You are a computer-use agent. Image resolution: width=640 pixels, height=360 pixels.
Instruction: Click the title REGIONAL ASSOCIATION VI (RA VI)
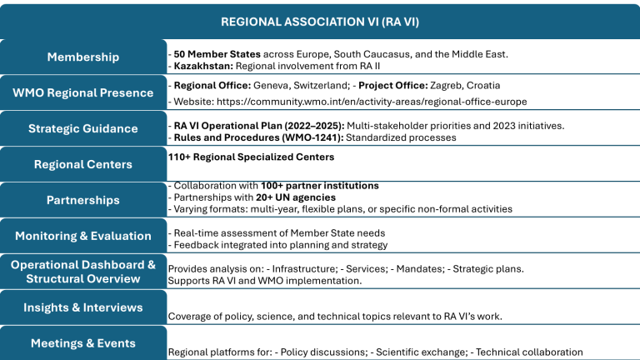pos(320,21)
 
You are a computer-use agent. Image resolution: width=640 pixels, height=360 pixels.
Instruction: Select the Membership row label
pos(82,57)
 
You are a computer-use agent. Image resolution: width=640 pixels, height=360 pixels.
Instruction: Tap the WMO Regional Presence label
pos(82,92)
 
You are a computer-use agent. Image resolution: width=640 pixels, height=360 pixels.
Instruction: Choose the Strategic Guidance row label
pos(82,128)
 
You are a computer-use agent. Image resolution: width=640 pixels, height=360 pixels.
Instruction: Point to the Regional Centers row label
pos(82,164)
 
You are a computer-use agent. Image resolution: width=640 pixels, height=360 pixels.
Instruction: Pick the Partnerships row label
pos(82,200)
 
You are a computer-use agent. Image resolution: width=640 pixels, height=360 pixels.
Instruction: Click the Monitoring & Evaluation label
pos(82,236)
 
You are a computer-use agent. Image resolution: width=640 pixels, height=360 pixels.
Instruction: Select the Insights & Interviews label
pos(82,307)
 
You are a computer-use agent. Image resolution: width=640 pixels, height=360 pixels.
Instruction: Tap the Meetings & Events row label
pos(82,343)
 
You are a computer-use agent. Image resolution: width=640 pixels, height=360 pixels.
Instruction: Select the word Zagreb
pos(448,85)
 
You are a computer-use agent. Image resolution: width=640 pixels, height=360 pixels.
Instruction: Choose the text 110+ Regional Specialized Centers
pos(251,157)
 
